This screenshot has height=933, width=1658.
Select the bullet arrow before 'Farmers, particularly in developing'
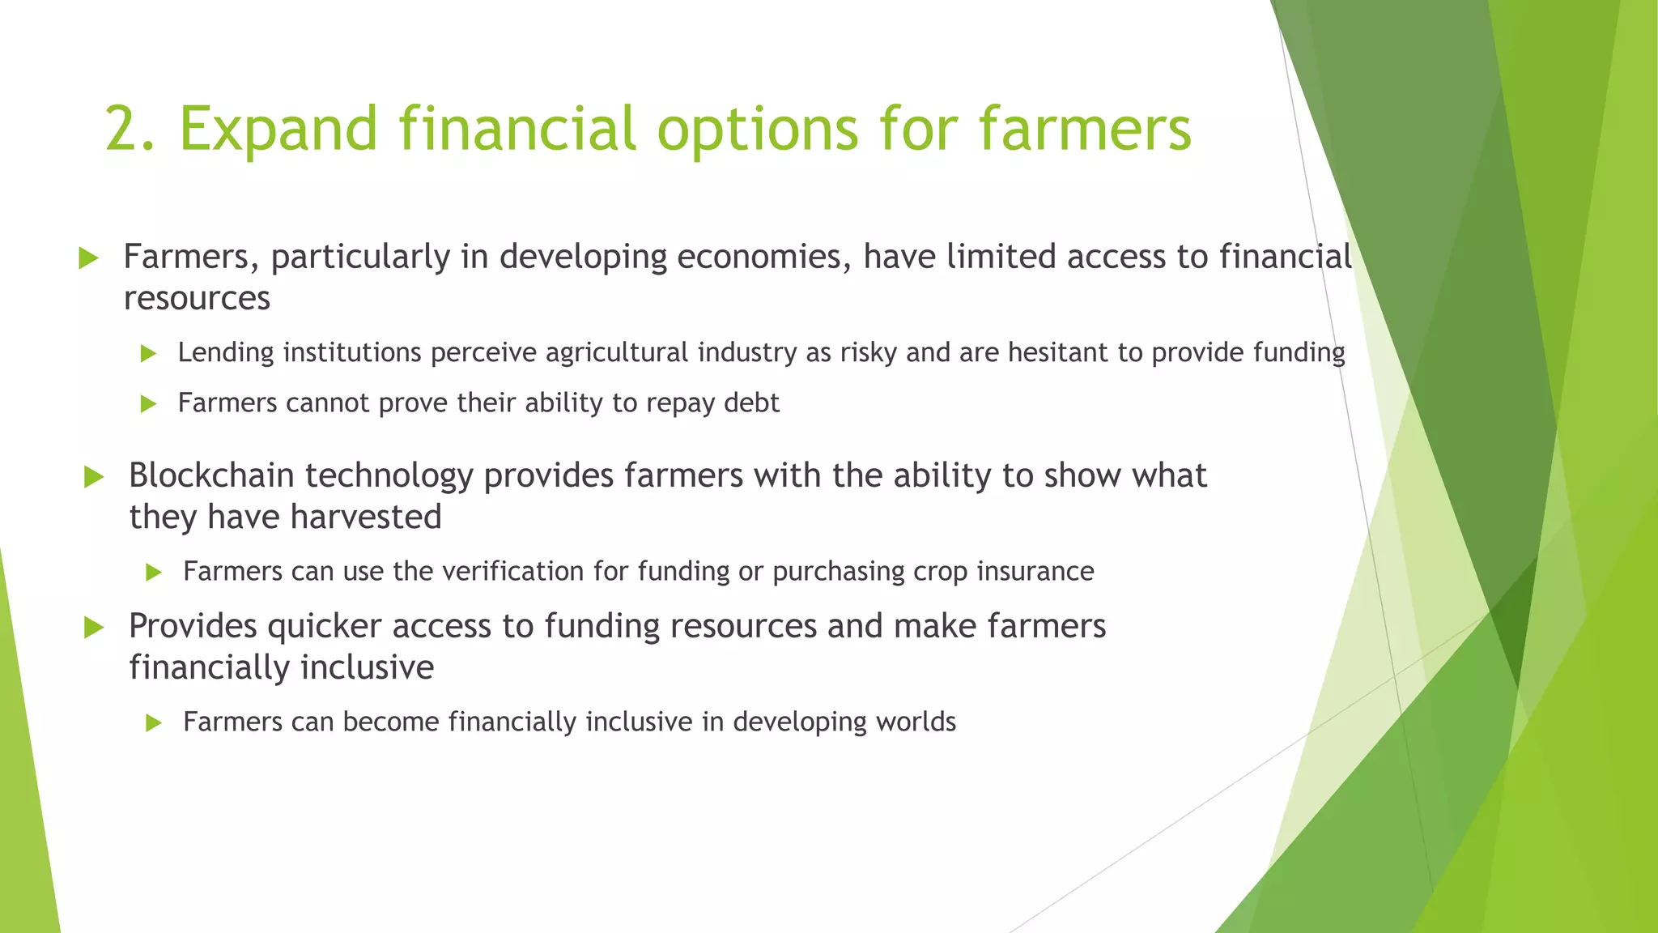point(88,259)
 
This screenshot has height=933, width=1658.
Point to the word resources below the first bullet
point(197,299)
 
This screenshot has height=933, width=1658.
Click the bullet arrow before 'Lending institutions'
point(147,354)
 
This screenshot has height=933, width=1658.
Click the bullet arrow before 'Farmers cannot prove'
point(147,404)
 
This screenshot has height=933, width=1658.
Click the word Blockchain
point(212,475)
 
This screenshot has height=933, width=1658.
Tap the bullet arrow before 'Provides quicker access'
point(94,628)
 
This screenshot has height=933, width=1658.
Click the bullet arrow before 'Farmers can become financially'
point(153,723)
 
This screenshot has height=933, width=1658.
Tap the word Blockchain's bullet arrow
point(94,477)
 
